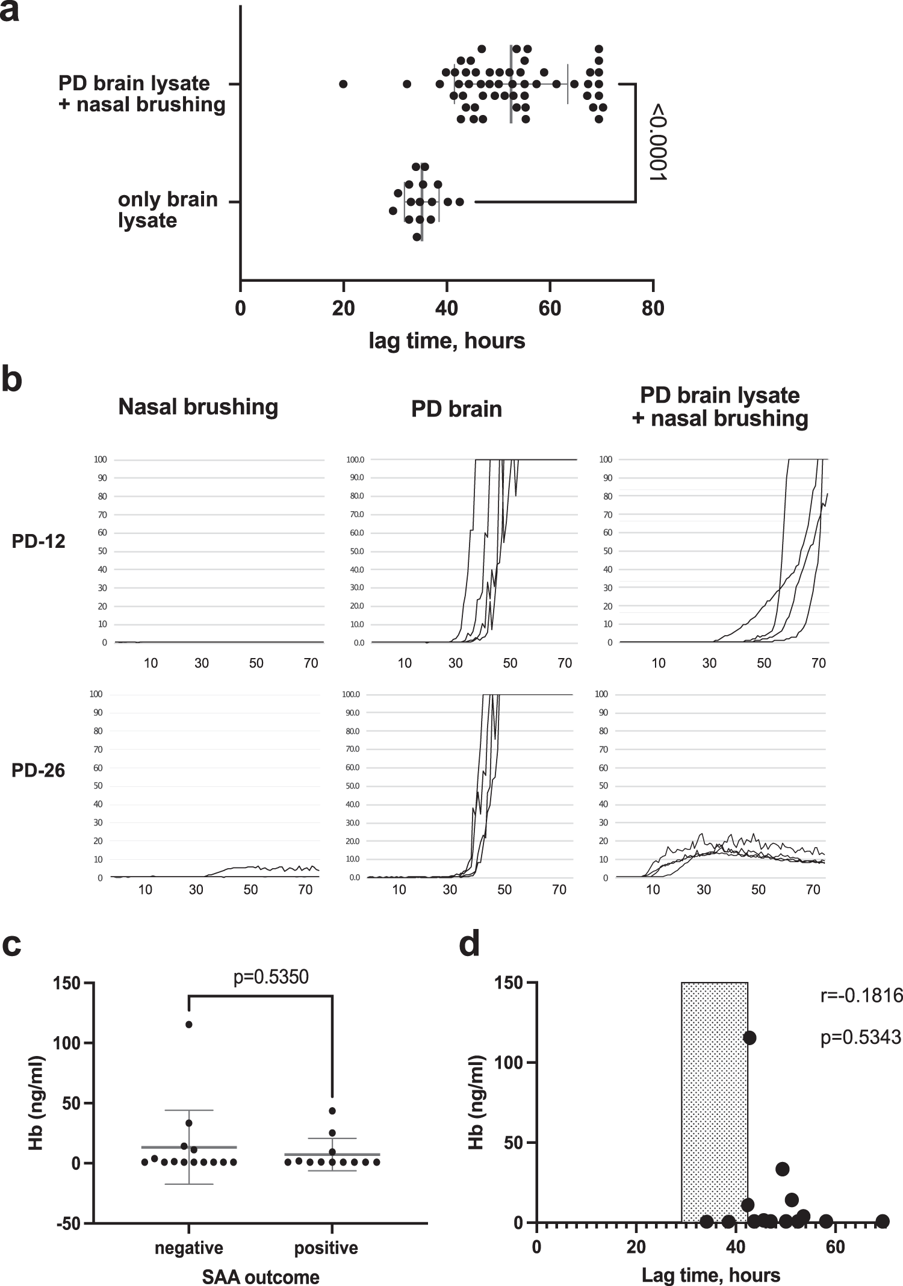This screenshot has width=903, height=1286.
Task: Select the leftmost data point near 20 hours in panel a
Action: (x=343, y=84)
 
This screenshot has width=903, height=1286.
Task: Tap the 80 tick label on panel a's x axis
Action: (x=653, y=308)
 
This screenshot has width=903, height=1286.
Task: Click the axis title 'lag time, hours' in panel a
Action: (x=447, y=341)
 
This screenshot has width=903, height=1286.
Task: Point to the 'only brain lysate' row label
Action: (x=167, y=210)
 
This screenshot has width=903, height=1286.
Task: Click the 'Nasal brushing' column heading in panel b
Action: (x=198, y=407)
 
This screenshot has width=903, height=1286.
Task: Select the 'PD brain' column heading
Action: (x=456, y=409)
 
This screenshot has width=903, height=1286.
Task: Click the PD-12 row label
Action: (x=39, y=541)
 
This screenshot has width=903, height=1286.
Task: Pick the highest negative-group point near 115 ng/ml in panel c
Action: (x=189, y=1024)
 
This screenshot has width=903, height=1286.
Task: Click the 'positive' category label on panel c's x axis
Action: (x=326, y=1247)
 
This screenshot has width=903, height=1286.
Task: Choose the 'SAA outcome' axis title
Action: (x=261, y=1276)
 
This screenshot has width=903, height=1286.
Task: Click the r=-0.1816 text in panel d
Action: (x=861, y=996)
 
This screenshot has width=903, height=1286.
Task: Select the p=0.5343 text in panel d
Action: (x=861, y=1037)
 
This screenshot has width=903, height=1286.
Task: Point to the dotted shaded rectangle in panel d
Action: (x=714, y=1102)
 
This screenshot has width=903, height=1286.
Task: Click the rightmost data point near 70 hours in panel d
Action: (x=883, y=1221)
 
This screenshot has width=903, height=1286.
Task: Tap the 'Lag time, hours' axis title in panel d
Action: (x=710, y=1275)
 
